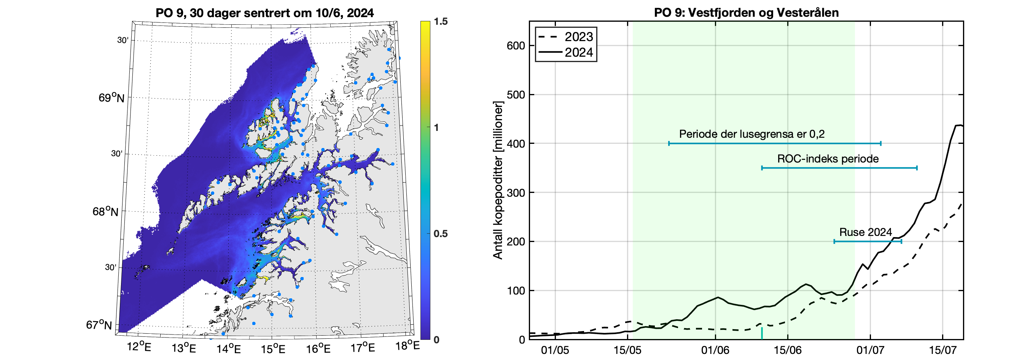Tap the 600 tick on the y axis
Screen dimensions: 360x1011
516,46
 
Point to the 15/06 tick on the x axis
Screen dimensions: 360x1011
787,350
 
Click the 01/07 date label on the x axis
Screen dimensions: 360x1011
870,350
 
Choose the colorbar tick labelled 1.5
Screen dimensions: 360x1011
441,22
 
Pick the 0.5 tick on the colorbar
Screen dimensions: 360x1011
441,234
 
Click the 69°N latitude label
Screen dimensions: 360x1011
111,97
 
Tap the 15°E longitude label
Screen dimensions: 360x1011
273,348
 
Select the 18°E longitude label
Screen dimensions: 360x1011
408,346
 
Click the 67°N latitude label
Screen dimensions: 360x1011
99,325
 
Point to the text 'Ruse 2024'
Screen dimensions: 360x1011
865,232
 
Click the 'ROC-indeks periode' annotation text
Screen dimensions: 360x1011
828,159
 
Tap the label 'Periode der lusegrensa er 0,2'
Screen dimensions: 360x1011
751,134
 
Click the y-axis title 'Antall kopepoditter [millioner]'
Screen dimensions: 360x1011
498,180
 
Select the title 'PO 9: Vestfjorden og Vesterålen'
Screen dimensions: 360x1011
746,13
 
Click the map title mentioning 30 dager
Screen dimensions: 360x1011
264,13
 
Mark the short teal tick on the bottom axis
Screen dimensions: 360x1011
762,333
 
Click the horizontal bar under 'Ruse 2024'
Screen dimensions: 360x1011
867,241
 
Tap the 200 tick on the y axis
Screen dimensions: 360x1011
516,241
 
